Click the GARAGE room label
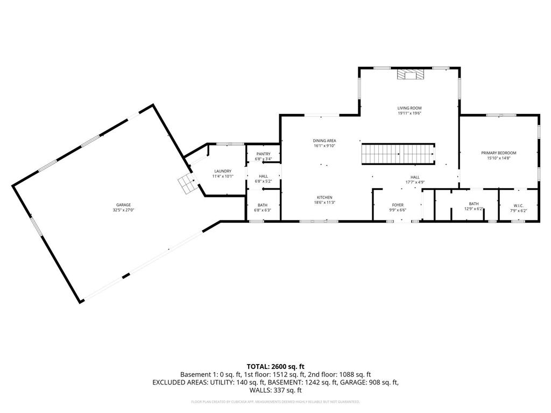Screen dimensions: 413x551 click(123, 205)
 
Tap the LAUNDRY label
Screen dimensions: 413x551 click(222, 171)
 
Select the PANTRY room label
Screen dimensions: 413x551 click(263, 154)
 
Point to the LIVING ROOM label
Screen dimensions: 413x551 click(409, 108)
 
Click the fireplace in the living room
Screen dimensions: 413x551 click(409, 75)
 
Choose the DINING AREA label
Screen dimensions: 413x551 click(324, 140)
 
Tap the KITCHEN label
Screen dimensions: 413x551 click(324, 197)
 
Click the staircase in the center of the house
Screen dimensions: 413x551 click(398, 154)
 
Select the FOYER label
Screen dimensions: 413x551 click(397, 205)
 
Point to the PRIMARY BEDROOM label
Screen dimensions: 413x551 click(498, 153)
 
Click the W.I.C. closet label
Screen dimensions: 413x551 click(518, 205)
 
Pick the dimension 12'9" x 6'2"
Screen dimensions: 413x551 click(474, 210)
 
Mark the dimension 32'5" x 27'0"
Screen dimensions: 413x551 click(123, 210)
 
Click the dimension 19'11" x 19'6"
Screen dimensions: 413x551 click(409, 113)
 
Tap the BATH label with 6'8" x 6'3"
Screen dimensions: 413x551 click(263, 205)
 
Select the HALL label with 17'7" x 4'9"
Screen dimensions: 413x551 click(415, 177)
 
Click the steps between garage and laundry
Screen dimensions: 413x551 click(186, 184)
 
